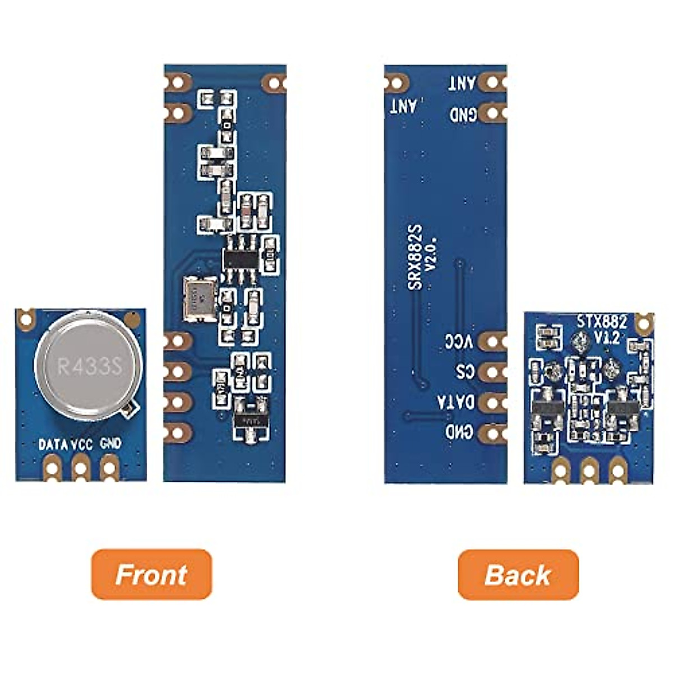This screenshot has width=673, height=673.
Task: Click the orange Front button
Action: click(151, 574)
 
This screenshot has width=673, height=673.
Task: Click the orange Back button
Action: click(518, 574)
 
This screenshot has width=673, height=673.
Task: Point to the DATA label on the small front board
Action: click(53, 445)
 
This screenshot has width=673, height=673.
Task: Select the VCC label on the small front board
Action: click(82, 445)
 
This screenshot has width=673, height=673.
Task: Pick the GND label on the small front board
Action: click(110, 444)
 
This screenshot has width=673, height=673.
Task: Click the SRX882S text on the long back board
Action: click(416, 258)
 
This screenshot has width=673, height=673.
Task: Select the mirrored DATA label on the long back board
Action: click(455, 402)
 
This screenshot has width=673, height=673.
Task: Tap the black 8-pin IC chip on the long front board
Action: click(241, 259)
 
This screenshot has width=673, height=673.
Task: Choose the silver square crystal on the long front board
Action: click(200, 299)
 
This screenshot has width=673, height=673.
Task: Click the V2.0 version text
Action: click(432, 255)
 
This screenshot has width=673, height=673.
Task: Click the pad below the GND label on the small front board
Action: click(109, 467)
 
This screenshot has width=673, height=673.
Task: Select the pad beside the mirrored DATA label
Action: click(493, 402)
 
